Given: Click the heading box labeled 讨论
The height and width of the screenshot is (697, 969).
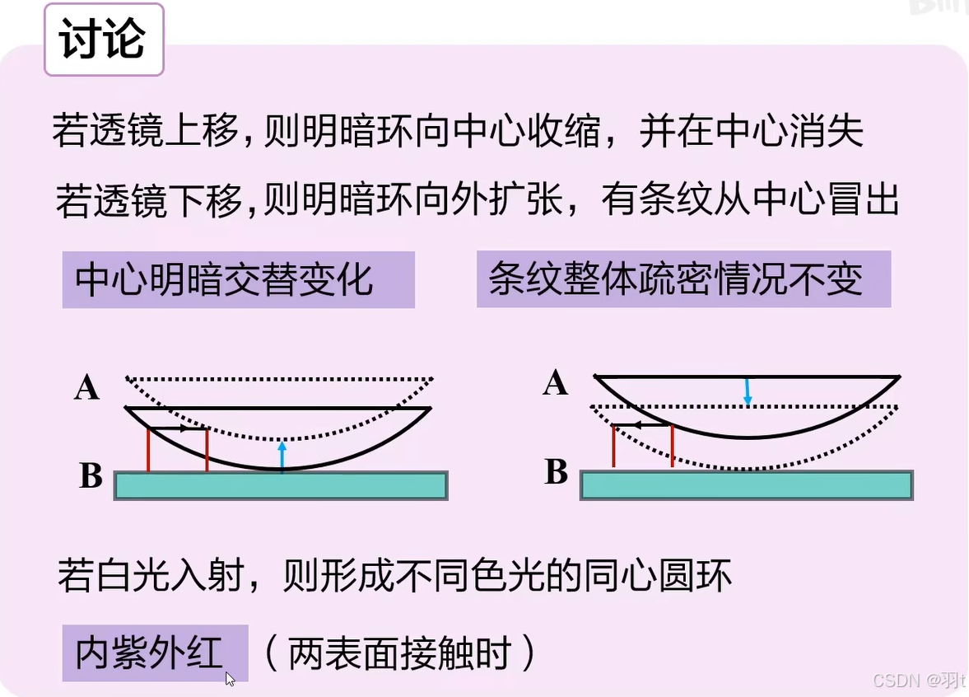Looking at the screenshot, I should (104, 40).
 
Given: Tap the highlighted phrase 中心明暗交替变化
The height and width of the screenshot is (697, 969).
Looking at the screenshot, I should (238, 280).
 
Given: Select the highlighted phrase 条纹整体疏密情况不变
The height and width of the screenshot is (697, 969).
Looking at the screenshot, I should (682, 279).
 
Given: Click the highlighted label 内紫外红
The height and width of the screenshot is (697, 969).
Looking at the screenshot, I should (154, 653).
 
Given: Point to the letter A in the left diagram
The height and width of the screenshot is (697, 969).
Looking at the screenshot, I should (86, 387).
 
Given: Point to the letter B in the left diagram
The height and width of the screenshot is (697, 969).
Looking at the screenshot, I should (91, 475).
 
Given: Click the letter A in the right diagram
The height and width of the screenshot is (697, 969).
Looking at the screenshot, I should (556, 383).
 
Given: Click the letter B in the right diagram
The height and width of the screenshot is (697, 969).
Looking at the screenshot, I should (557, 472).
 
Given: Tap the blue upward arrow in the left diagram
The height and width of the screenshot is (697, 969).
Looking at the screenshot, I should (282, 454).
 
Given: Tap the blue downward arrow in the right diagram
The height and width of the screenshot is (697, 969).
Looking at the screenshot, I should (747, 392).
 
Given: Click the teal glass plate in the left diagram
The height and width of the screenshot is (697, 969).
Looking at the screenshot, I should (280, 485).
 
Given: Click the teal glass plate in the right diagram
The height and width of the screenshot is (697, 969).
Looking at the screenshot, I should (746, 485).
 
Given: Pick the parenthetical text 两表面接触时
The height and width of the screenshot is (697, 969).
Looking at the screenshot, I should (400, 653).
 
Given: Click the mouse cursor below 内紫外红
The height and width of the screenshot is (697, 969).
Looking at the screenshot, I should (230, 679).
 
